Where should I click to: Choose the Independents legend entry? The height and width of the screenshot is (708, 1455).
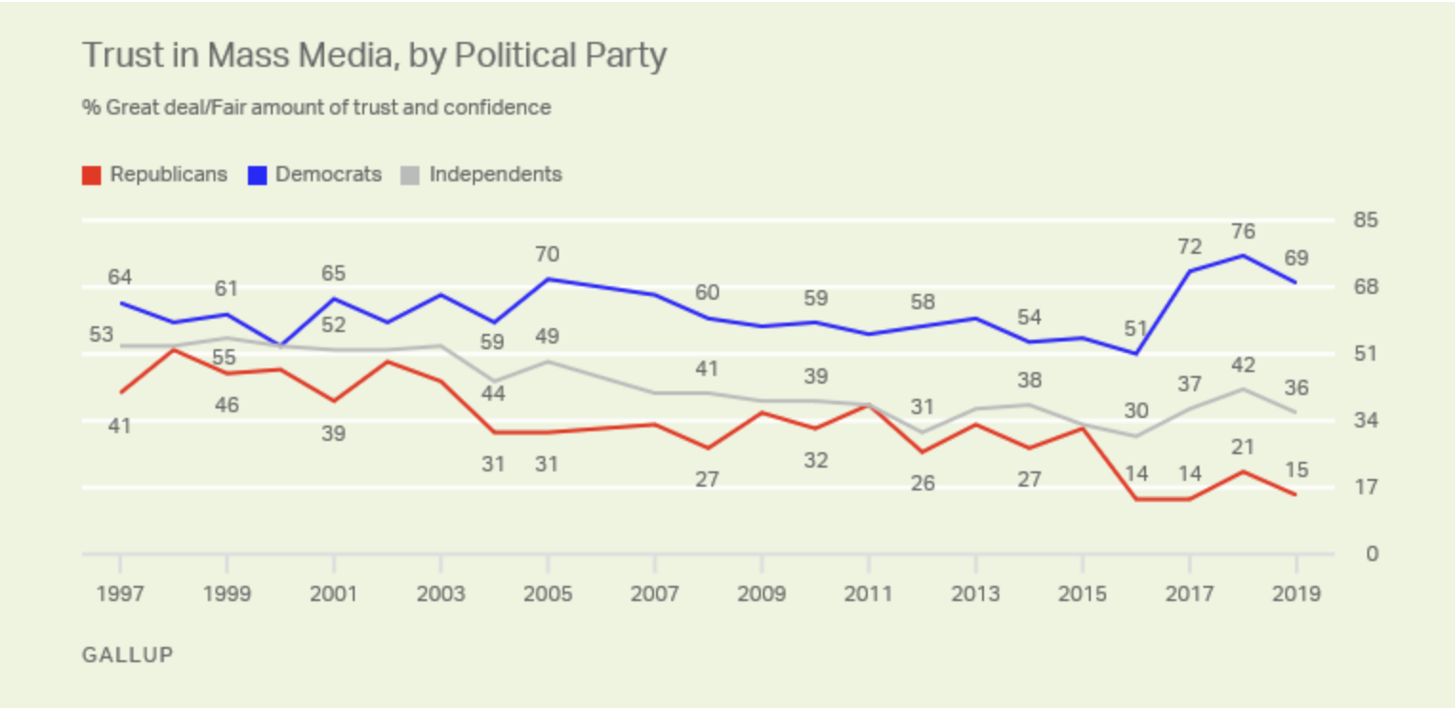coord(482,175)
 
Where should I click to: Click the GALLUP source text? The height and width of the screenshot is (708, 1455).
coord(128,656)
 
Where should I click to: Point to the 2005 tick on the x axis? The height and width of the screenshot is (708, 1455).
coord(547,593)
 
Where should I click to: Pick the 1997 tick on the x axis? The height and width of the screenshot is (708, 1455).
coord(120,593)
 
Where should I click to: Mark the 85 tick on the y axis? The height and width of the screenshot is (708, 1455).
coord(1365,220)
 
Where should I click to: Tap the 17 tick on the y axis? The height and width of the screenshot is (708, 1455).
coord(1365,488)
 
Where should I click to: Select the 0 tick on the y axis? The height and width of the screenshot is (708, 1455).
coord(1371,554)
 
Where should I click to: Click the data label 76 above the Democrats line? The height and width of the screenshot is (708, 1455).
coord(1242,232)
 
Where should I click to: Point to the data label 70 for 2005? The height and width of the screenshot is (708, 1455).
coord(547,255)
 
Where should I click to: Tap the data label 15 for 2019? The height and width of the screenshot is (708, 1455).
coord(1296,470)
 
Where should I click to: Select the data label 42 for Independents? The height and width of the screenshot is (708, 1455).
coord(1242,365)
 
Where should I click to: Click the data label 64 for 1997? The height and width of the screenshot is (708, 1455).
coord(120,278)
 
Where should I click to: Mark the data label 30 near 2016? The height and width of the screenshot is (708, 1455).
coord(1135,411)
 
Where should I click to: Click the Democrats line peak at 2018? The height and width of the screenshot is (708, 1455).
coord(1242,255)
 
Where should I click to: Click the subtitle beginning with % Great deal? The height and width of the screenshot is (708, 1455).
coord(317,108)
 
